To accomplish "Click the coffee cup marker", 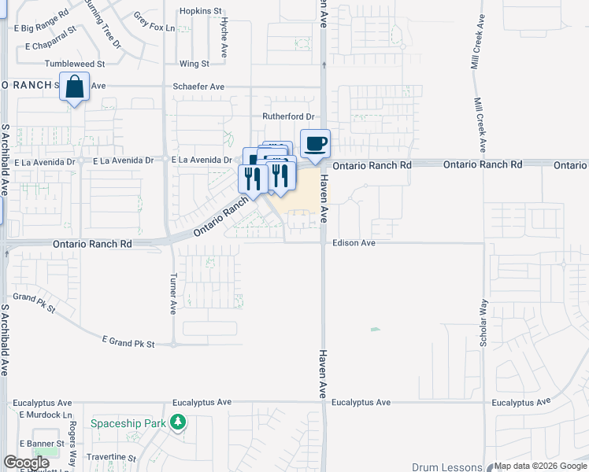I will coord(315,145).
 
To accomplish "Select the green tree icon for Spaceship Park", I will coord(180,423).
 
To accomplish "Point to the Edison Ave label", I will coord(354,243).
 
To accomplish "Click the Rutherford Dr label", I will coord(288,116).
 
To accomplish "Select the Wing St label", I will coord(194,63).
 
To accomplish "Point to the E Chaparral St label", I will coord(50,46).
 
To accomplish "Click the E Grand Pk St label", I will coord(129,341).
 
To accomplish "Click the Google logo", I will coord(26,463).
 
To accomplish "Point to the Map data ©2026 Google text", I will coord(539,466).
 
